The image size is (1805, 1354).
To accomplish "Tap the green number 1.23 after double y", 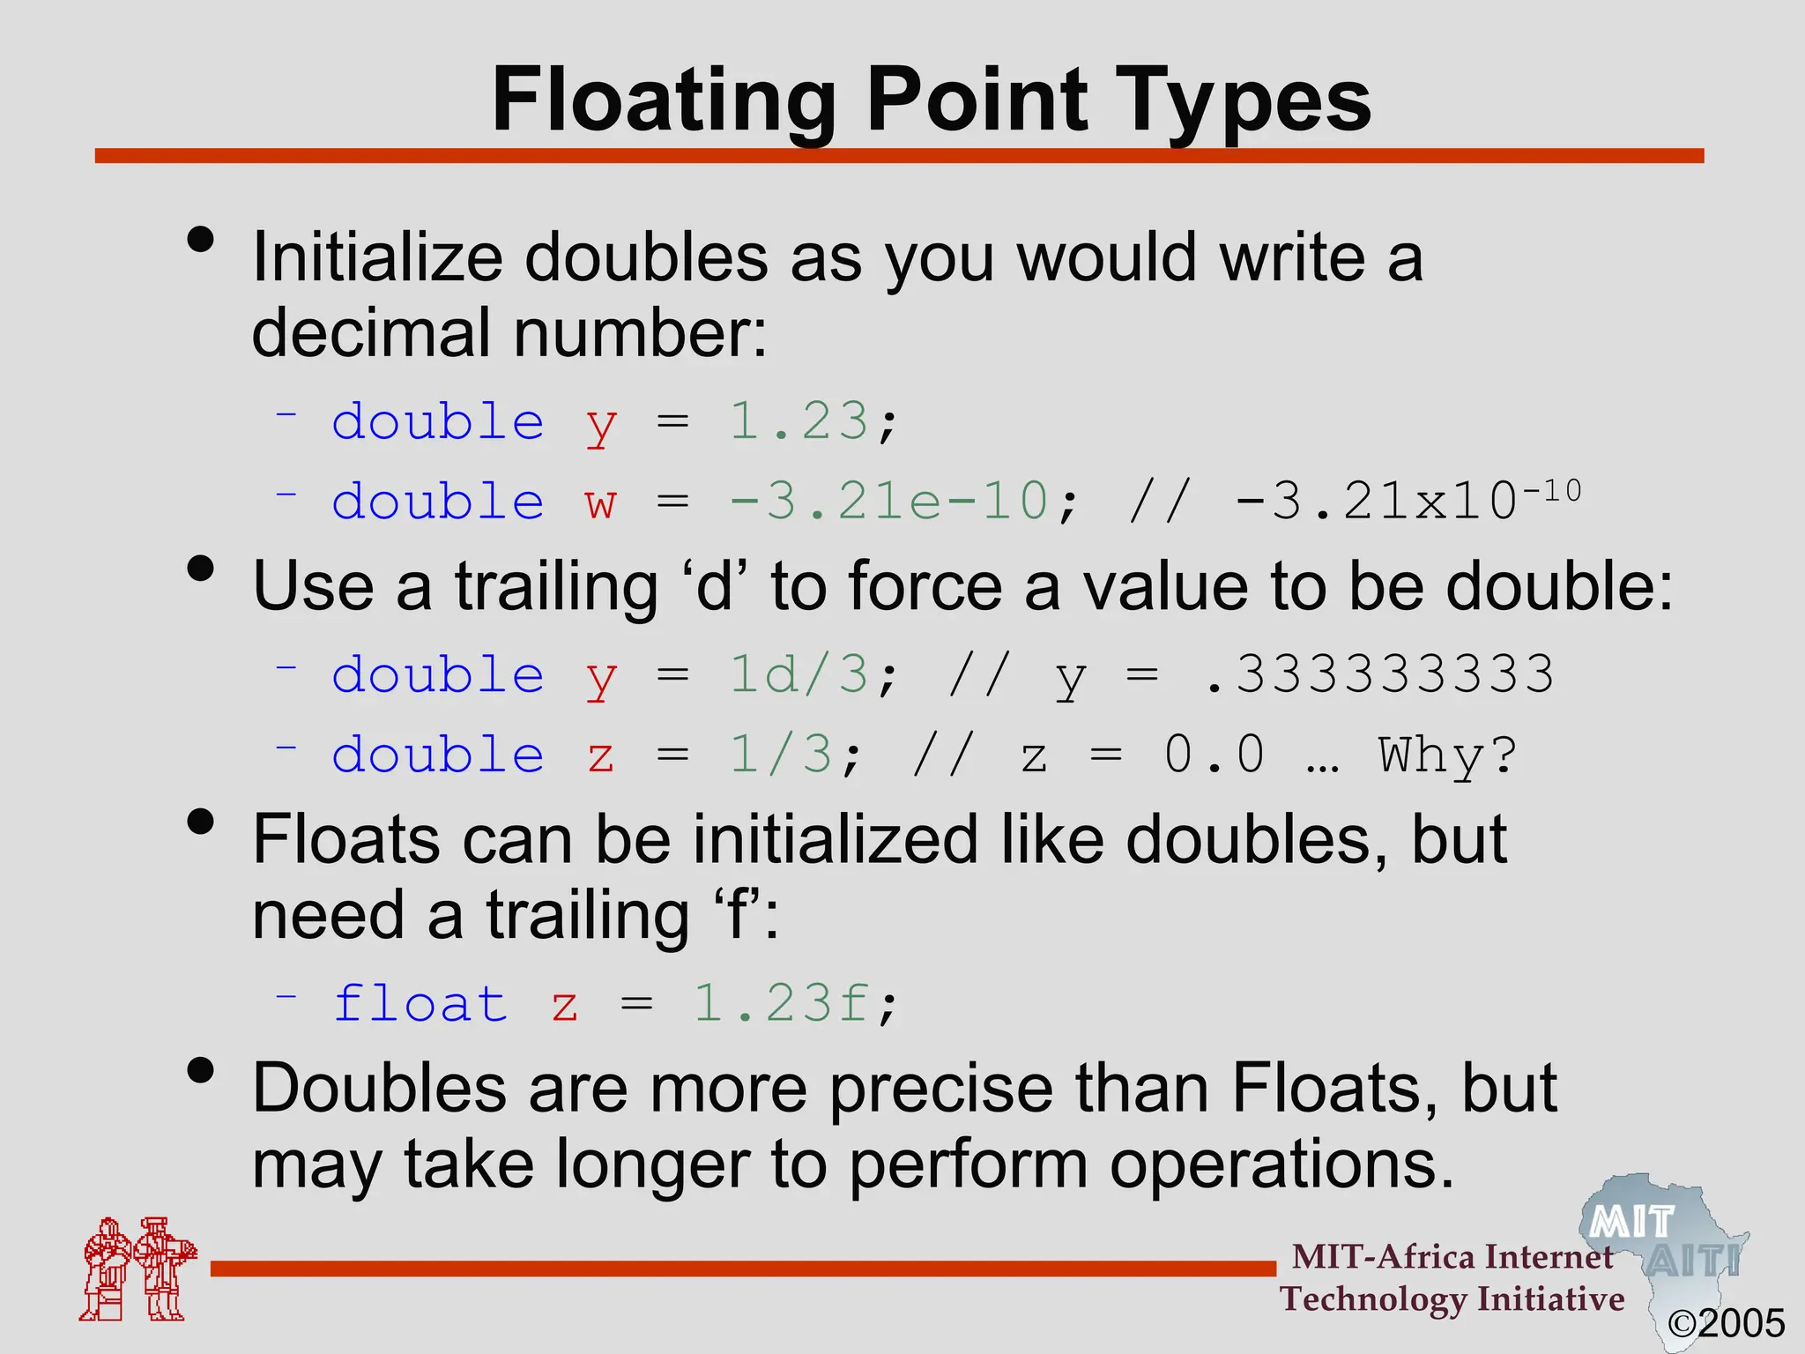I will [x=799, y=420].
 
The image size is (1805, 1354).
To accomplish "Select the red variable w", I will [x=601, y=502].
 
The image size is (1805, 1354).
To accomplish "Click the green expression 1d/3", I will [x=799, y=675].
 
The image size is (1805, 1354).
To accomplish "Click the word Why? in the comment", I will [x=1448, y=755].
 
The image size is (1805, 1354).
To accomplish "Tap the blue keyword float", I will [x=421, y=1004].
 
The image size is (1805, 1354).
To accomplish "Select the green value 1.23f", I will [x=781, y=1004].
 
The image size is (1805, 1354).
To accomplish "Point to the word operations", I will [x=1281, y=1164].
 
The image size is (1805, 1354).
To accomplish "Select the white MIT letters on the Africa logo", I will [x=1631, y=1223].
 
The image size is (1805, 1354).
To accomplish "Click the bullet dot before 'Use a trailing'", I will [x=201, y=569].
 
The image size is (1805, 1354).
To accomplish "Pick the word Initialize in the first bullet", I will [x=378, y=257].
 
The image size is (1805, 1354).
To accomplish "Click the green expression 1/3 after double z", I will [x=781, y=755].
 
